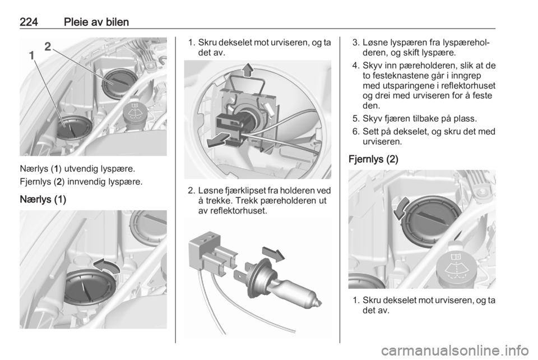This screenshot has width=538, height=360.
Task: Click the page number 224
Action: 29,22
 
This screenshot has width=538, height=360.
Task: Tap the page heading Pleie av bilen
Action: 96,22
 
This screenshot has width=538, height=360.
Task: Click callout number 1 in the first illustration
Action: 31,56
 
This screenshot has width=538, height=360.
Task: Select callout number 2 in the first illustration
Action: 48,47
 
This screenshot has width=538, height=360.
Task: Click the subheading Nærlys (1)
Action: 43,200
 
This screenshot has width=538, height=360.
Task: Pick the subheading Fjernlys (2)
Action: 373,159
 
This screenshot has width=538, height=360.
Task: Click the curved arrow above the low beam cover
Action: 106,266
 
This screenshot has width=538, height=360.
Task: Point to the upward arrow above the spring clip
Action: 248,70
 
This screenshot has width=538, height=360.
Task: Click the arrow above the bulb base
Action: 273,253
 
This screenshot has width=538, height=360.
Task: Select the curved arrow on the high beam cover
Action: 401,208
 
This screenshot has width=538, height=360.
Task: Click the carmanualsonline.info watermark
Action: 455,350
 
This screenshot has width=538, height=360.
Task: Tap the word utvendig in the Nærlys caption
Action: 81,169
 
